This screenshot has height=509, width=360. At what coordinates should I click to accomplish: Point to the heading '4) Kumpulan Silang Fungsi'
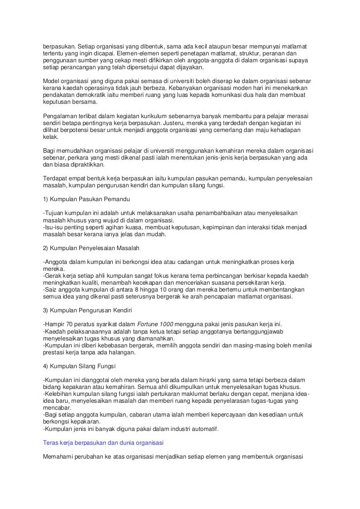[x=79, y=366]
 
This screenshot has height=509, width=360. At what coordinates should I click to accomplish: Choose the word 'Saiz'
[x=51, y=290]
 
